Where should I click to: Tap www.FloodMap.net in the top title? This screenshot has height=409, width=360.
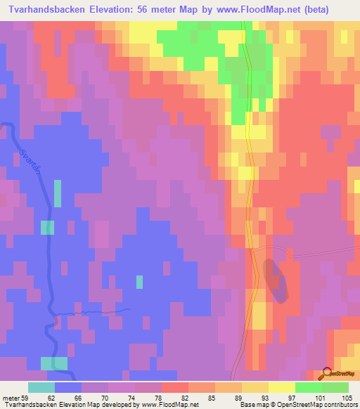(x=276, y=10)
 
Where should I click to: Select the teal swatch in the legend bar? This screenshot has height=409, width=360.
(x=41, y=387)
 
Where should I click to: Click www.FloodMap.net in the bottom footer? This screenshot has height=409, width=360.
(x=177, y=404)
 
